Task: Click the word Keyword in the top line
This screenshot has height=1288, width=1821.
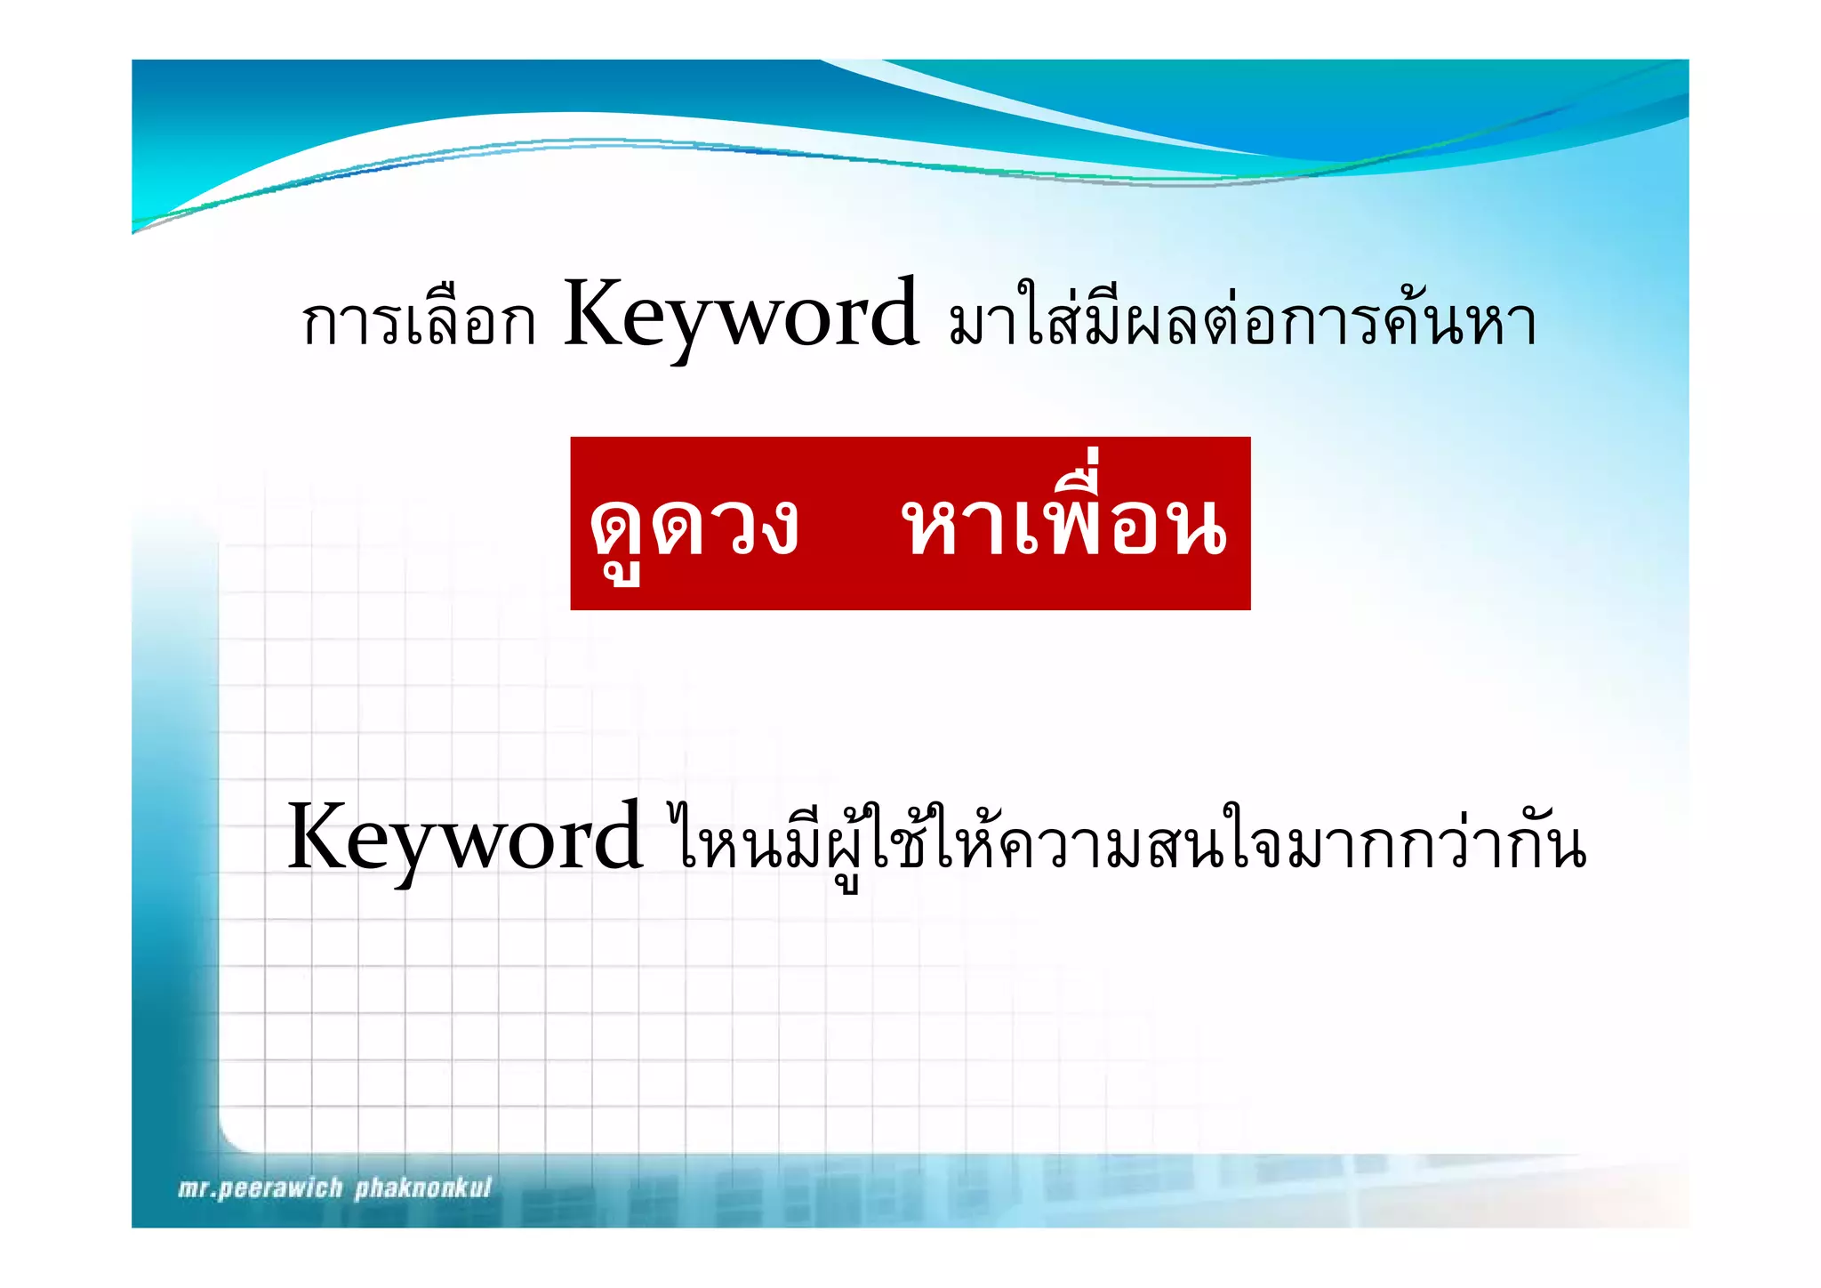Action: (x=741, y=316)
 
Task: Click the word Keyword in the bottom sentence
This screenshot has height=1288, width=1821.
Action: (x=464, y=839)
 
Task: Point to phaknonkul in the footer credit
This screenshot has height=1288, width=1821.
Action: (x=423, y=1188)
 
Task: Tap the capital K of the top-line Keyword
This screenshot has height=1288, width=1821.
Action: (x=598, y=313)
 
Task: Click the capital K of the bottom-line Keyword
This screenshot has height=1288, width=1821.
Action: (x=321, y=836)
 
